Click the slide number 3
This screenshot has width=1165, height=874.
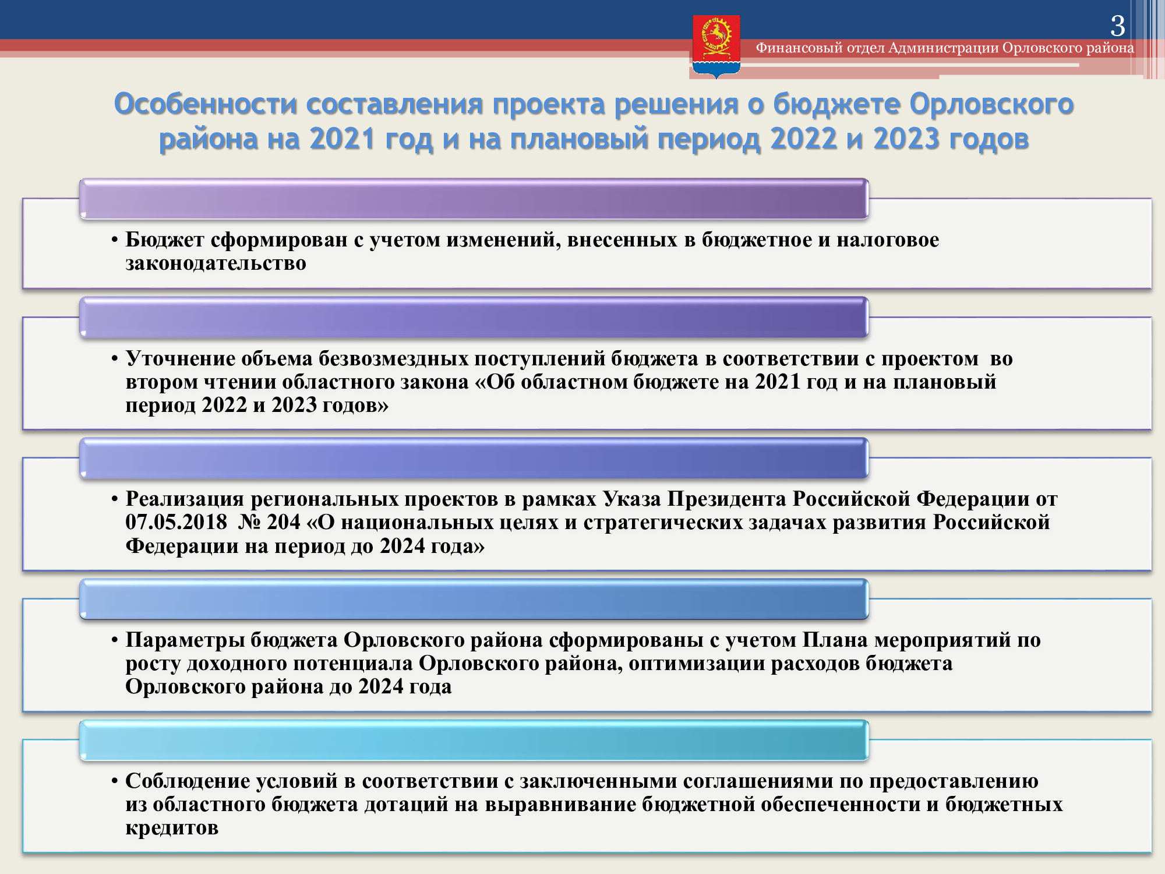click(1117, 26)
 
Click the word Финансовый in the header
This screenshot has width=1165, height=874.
click(799, 48)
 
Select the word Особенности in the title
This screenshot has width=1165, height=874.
click(205, 104)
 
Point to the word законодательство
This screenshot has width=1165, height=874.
click(216, 263)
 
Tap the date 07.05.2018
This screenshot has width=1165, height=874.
click(176, 522)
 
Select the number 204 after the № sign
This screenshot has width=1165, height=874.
click(283, 522)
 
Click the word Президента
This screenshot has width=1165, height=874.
click(726, 499)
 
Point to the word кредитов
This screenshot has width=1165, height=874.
click(172, 828)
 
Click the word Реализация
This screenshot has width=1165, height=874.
click(185, 499)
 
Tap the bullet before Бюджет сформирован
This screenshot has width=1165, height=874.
click(115, 240)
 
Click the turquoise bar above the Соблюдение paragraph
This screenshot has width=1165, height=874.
click(474, 740)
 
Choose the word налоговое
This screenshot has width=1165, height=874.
click(888, 239)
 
